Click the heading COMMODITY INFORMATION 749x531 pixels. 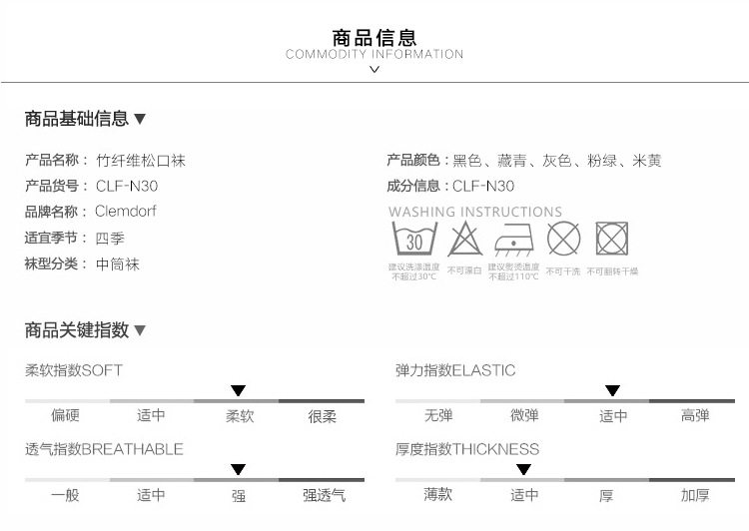click(x=374, y=54)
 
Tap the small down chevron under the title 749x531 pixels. click(x=374, y=69)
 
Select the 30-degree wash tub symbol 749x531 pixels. click(x=413, y=241)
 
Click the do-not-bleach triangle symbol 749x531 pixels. click(x=464, y=241)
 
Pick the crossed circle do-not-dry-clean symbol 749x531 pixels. click(x=563, y=240)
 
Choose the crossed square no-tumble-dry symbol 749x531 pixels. click(x=611, y=240)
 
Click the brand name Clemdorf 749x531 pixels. click(x=126, y=212)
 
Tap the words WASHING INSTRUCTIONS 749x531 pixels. click(x=475, y=212)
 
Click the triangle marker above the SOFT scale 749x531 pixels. click(x=238, y=390)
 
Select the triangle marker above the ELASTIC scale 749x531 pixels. click(x=612, y=390)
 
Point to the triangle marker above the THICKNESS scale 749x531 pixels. click(x=523, y=469)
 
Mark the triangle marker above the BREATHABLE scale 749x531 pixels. click(x=238, y=469)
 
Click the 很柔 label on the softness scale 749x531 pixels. click(x=322, y=416)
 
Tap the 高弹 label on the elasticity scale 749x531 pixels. click(x=695, y=416)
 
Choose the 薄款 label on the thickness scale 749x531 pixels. click(x=437, y=495)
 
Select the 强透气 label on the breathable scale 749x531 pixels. click(x=324, y=495)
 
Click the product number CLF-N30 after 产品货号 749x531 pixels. click(x=127, y=186)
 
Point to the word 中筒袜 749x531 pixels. click(x=118, y=265)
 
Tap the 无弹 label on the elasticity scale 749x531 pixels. click(x=437, y=416)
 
